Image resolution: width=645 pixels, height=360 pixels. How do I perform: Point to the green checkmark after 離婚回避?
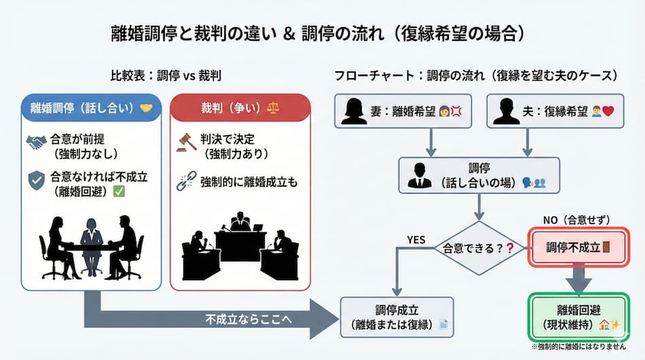point(119,192)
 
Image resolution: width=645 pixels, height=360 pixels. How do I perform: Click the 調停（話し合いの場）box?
point(479,175)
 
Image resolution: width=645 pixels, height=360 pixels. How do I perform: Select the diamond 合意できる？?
point(479,248)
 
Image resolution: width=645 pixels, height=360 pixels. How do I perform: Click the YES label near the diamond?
point(416,239)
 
